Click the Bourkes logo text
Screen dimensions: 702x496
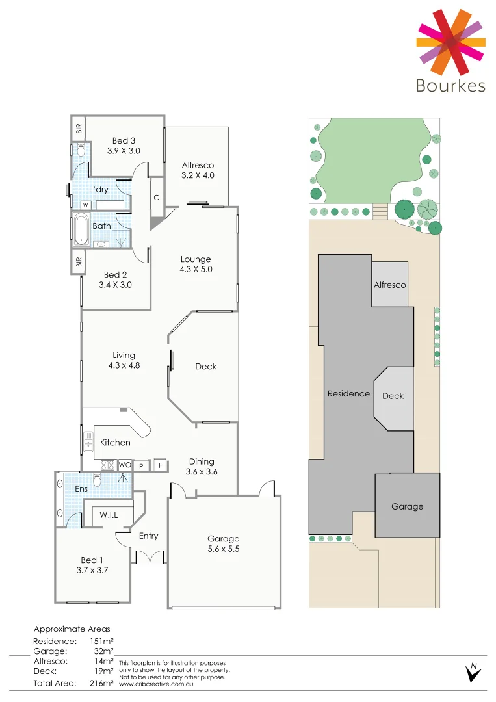point(450,85)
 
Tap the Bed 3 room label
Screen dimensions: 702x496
point(124,140)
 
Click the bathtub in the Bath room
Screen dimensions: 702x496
point(81,229)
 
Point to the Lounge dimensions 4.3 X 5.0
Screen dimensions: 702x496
point(196,269)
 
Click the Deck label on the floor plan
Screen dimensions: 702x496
point(206,367)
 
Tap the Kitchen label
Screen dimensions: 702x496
point(115,443)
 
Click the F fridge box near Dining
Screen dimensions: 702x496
point(159,465)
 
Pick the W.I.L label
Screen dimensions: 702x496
point(109,515)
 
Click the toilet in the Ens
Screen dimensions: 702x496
point(98,480)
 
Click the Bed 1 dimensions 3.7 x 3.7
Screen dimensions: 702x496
point(92,570)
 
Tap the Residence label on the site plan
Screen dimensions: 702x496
point(348,393)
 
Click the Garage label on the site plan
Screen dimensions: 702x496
point(407,506)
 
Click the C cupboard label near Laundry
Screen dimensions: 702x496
point(157,198)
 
